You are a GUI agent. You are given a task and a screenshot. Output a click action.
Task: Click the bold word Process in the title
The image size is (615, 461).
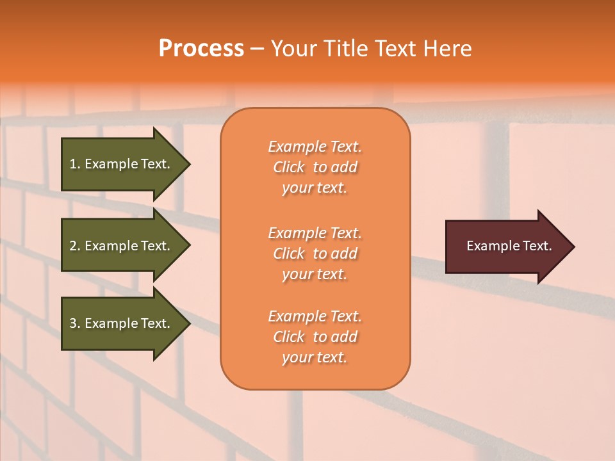point(201,49)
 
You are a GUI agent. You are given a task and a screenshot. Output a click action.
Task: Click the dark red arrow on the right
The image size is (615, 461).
point(506,246)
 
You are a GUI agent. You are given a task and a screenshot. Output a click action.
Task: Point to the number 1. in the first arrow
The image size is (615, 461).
point(75,164)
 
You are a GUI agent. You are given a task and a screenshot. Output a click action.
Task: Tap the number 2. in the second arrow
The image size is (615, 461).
point(75,246)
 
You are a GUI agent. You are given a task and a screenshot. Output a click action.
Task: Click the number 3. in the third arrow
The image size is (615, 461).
point(75,323)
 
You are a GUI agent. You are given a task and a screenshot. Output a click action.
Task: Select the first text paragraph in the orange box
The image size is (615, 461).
point(315,167)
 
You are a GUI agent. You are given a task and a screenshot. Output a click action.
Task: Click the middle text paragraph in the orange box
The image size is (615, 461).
point(315,254)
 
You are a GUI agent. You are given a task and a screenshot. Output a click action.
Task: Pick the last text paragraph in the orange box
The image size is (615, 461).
point(315,337)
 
